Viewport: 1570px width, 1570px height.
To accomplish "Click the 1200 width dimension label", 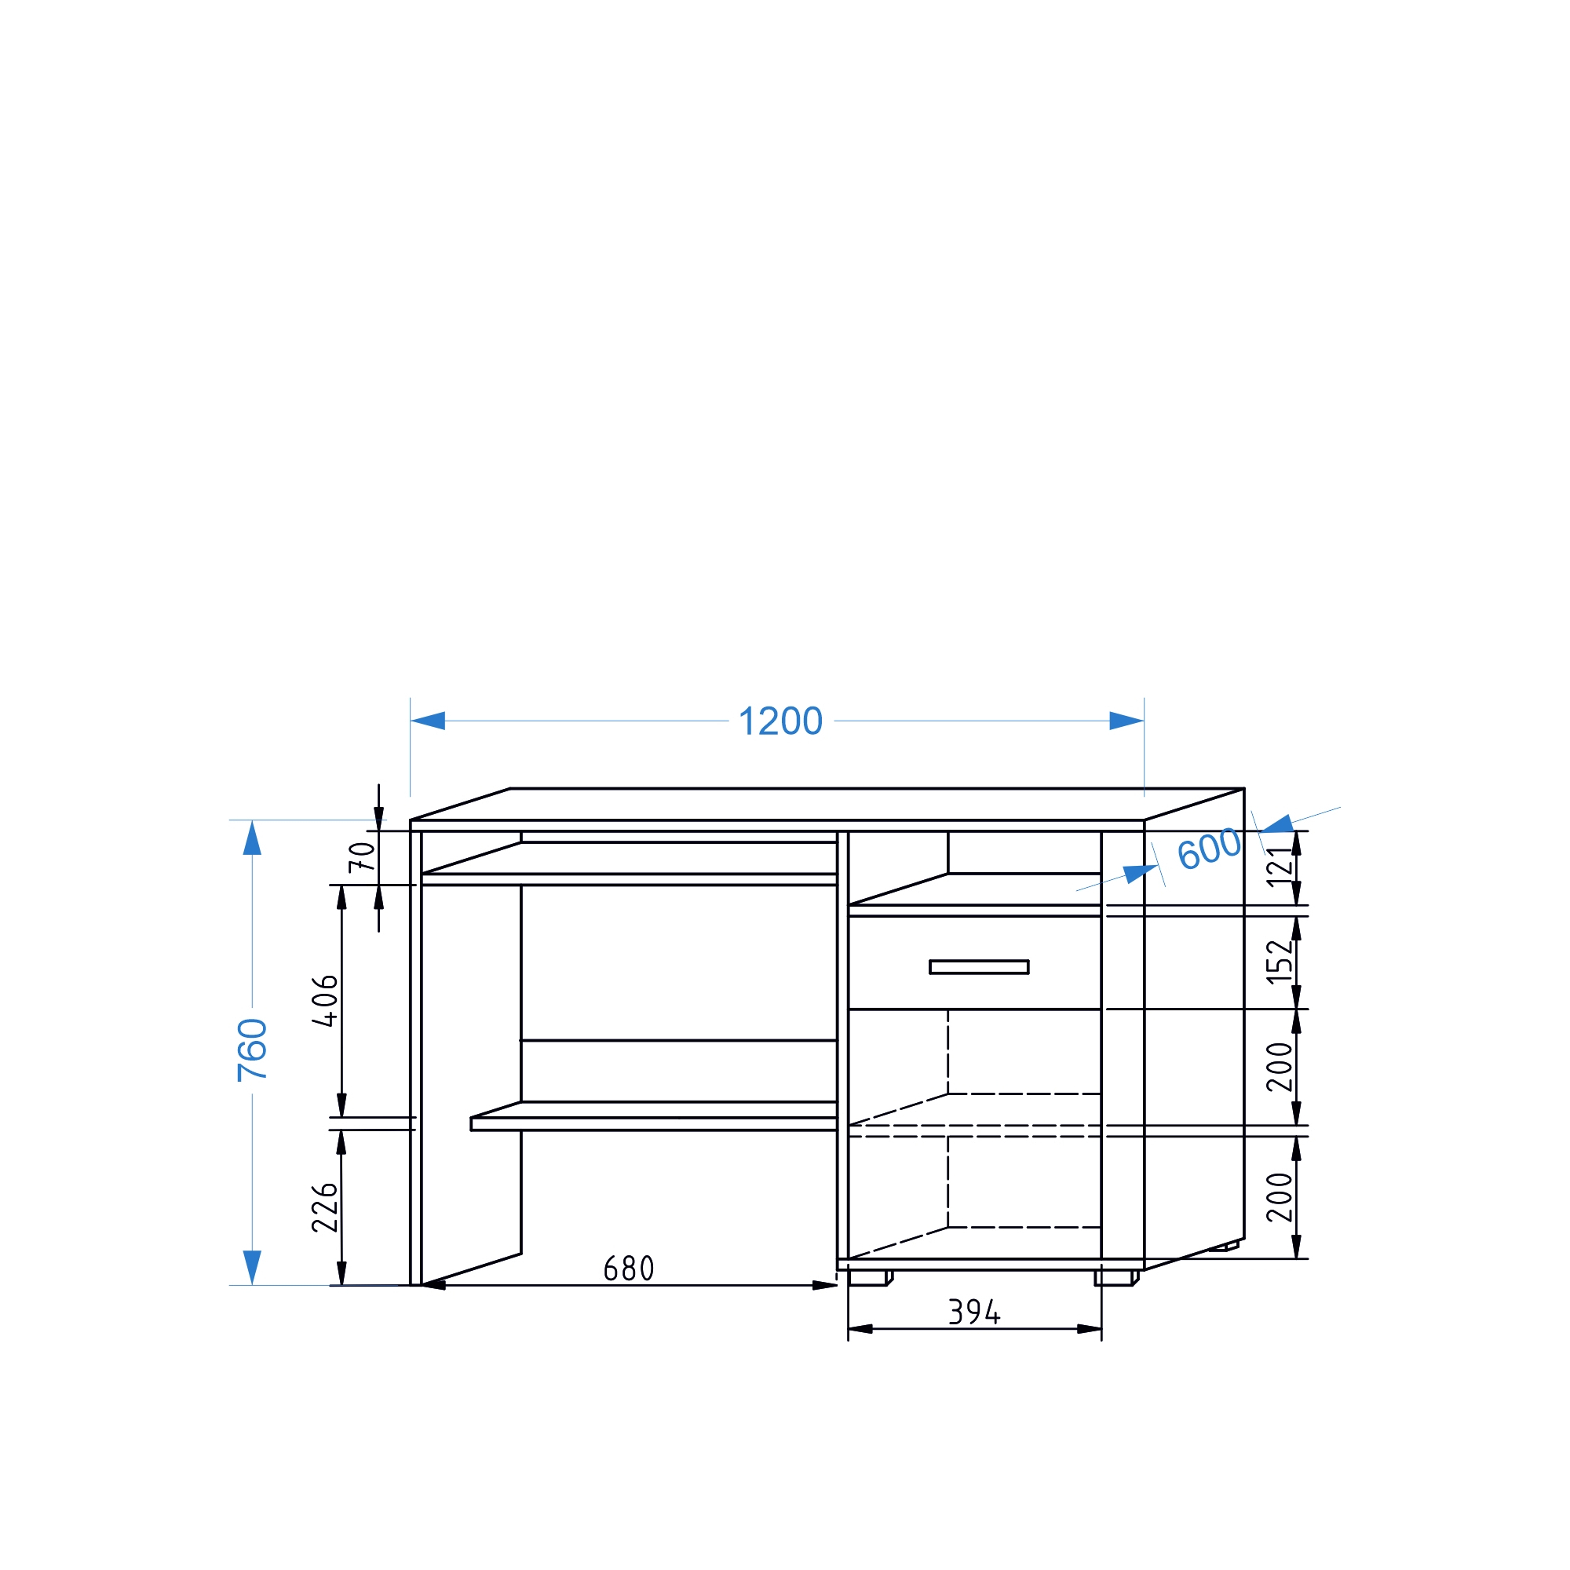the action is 780,721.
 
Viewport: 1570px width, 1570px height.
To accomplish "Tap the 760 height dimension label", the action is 253,1050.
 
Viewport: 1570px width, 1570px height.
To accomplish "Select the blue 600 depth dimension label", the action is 1210,849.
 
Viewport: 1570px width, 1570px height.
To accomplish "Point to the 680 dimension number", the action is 629,1269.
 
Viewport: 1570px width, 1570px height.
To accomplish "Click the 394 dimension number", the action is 974,1312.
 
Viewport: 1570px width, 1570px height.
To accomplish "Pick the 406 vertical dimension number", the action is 326,1001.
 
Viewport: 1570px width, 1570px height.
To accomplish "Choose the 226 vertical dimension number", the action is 325,1208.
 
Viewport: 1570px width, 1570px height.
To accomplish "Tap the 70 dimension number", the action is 363,857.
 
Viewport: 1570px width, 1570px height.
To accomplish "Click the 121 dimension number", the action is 1280,867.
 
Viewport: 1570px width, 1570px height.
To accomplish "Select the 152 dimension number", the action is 1280,962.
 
